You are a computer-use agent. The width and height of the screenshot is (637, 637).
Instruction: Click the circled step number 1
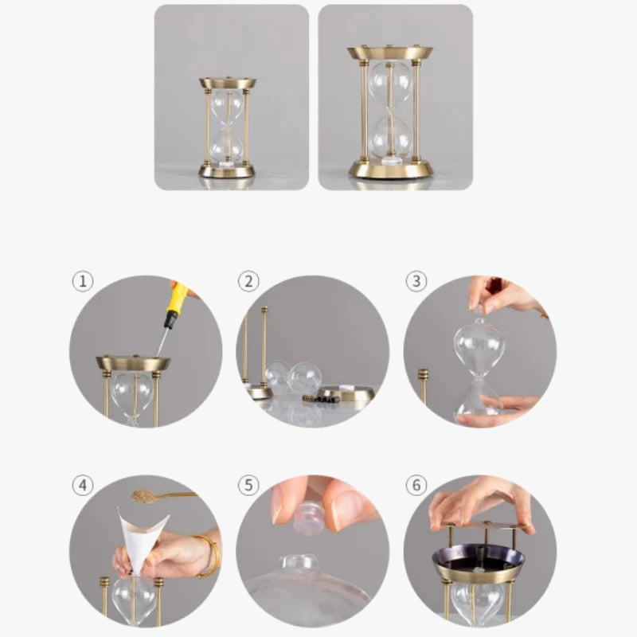(82, 281)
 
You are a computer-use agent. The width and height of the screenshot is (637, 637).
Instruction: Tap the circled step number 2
(248, 281)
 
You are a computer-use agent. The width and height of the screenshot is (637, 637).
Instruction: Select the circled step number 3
(416, 281)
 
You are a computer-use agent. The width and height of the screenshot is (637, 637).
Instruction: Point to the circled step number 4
(82, 485)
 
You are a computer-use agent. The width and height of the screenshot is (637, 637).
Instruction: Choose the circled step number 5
(248, 485)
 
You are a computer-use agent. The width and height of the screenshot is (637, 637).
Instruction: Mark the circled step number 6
(416, 485)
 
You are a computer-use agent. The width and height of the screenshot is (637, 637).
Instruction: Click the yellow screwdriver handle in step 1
(176, 299)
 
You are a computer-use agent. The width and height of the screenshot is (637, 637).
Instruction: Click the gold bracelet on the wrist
(209, 555)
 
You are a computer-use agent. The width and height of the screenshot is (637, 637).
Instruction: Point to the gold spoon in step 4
(147, 496)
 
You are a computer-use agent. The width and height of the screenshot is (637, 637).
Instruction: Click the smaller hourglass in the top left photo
(227, 127)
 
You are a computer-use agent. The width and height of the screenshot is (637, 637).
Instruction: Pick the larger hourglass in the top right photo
(390, 111)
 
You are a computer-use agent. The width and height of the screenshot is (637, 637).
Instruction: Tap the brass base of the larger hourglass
(390, 170)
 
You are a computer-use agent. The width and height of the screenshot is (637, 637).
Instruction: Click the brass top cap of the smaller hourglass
(227, 83)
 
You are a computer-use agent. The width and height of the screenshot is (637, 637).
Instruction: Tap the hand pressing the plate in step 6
(478, 500)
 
